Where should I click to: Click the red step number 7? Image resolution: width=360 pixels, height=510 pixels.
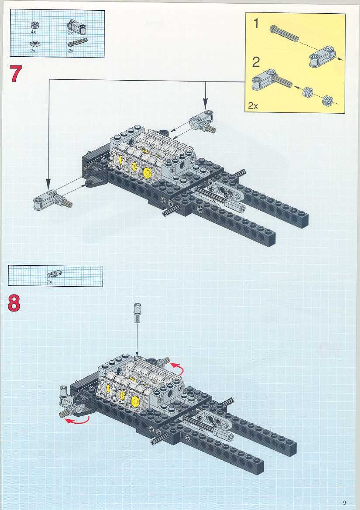click(16, 74)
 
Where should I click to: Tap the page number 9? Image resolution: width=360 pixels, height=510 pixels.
click(344, 503)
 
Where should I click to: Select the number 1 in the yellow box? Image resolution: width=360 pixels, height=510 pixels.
click(256, 23)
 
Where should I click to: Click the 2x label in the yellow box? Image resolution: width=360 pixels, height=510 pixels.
click(253, 106)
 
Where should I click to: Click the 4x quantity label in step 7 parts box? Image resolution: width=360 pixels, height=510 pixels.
click(33, 31)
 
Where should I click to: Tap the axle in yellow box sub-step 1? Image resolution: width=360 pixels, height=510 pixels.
click(284, 33)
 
